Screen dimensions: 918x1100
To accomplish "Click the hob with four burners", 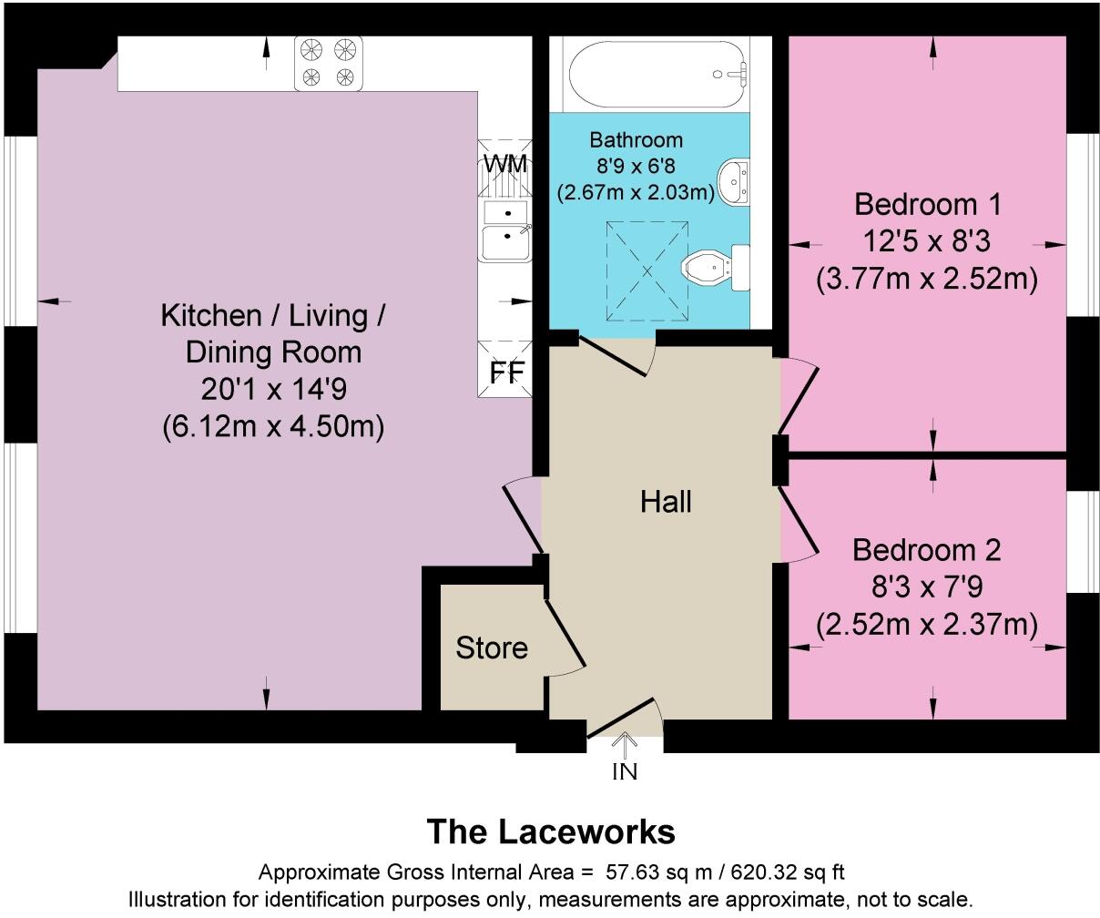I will pyautogui.click(x=328, y=63).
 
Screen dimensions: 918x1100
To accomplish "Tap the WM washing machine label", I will pyautogui.click(x=505, y=165).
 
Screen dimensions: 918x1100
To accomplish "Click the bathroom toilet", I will pyautogui.click(x=716, y=267).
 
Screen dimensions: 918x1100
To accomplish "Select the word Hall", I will pyautogui.click(x=666, y=502).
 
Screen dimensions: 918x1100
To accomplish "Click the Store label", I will pyautogui.click(x=492, y=648).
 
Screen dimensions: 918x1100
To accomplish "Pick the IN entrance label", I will pyautogui.click(x=625, y=772).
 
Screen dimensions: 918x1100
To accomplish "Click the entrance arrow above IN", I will pyautogui.click(x=625, y=745).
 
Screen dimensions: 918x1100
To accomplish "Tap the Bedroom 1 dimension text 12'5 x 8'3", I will pyautogui.click(x=926, y=241).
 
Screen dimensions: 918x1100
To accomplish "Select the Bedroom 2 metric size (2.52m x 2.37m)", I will pyautogui.click(x=926, y=625).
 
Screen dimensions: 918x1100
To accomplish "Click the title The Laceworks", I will pyautogui.click(x=551, y=831).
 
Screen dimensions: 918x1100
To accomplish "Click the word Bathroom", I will pyautogui.click(x=636, y=140).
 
